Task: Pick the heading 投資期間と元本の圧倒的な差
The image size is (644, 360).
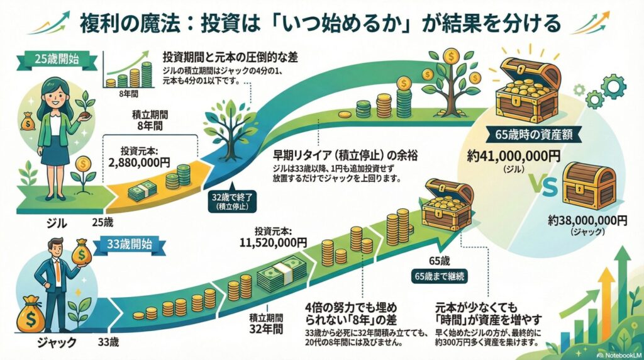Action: click(230, 58)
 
